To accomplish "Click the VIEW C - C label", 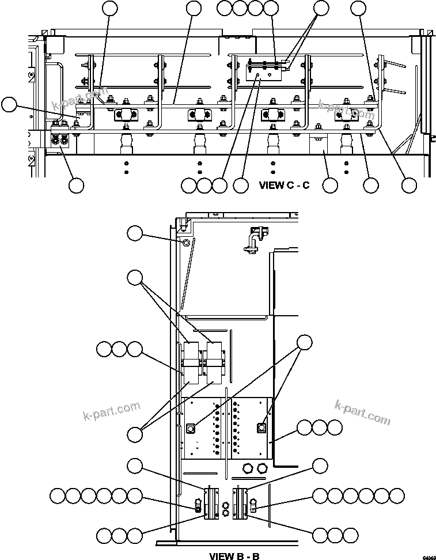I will (x=284, y=186).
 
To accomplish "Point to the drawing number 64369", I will (x=428, y=557).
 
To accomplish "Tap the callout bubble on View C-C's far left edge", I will (x=8, y=104).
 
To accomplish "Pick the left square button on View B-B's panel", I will (x=192, y=428).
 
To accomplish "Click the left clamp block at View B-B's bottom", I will (x=211, y=504).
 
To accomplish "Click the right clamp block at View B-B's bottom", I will (x=240, y=504).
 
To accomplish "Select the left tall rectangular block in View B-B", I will (x=191, y=364).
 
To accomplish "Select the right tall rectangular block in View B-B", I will (x=214, y=364).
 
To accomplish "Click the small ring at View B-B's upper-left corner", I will (x=185, y=243).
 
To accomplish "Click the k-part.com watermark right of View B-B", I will (x=362, y=411).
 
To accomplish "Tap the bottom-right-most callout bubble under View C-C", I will (x=409, y=185).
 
